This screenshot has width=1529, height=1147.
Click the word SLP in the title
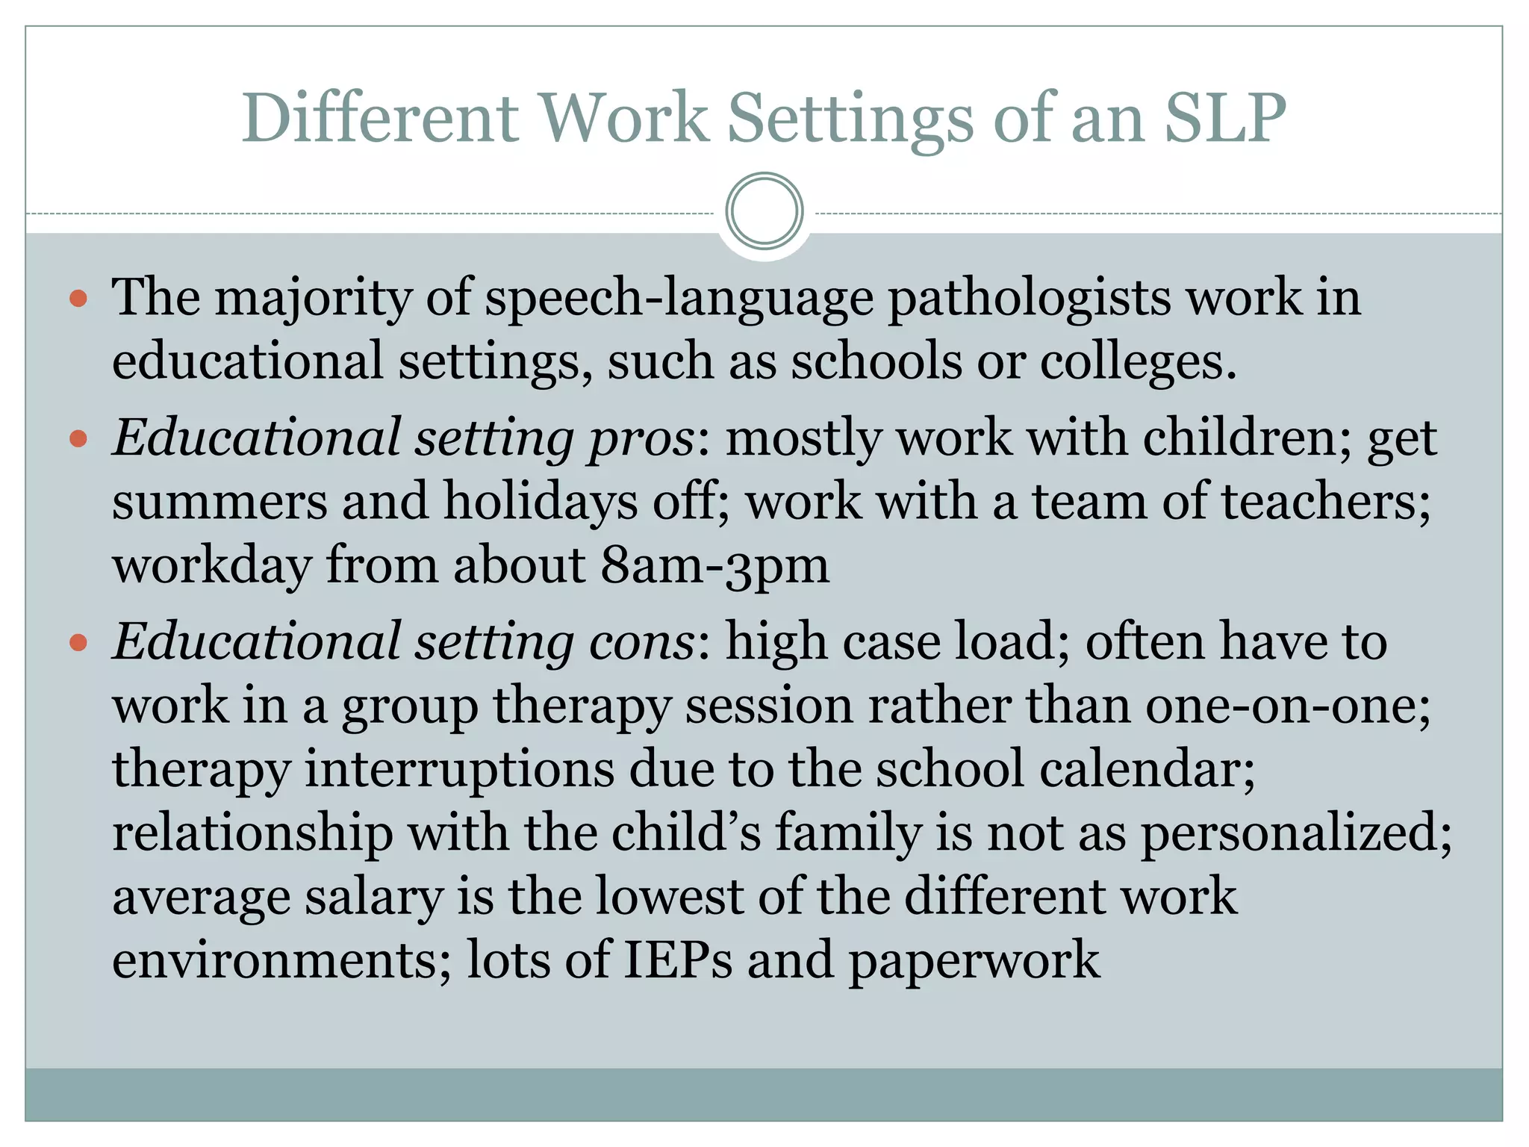pyautogui.click(x=1225, y=117)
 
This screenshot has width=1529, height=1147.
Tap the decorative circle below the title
pyautogui.click(x=764, y=211)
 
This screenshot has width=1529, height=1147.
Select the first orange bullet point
pyautogui.click(x=78, y=299)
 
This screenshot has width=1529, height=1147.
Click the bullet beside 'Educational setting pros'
pyautogui.click(x=78, y=438)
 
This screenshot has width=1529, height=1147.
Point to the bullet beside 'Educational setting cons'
pyautogui.click(x=78, y=642)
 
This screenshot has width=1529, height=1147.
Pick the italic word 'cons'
pyautogui.click(x=641, y=643)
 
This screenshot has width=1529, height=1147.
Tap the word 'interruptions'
pyautogui.click(x=459, y=769)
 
